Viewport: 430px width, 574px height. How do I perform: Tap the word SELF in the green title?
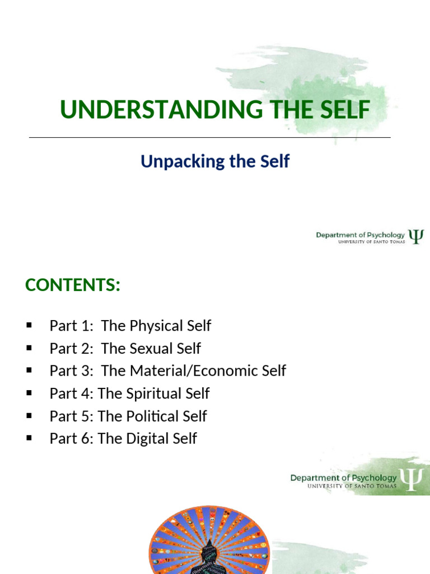coord(344,110)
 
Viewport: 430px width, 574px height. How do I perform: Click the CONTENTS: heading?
coord(73,285)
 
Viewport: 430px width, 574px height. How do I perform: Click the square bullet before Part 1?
coord(29,326)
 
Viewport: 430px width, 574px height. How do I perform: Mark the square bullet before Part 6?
coord(29,438)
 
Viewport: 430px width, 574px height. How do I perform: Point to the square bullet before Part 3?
coord(29,371)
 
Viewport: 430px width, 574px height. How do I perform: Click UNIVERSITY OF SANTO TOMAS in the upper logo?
coord(371,242)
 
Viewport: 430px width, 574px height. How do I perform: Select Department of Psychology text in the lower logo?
coord(343,478)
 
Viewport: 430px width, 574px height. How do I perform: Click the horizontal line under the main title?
coord(209,137)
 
